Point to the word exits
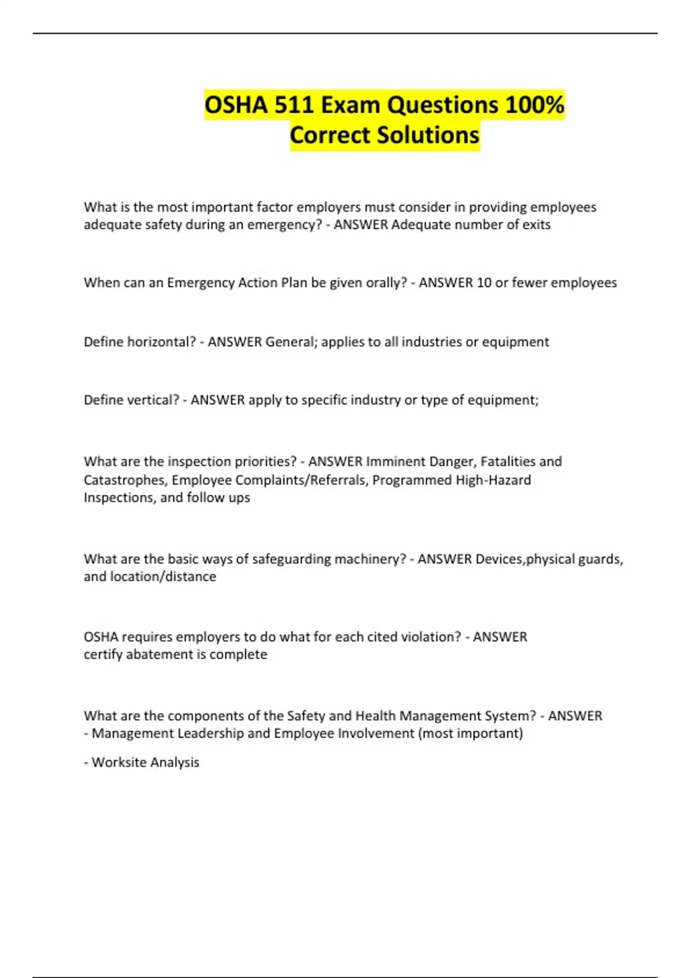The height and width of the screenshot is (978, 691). pos(536,225)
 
